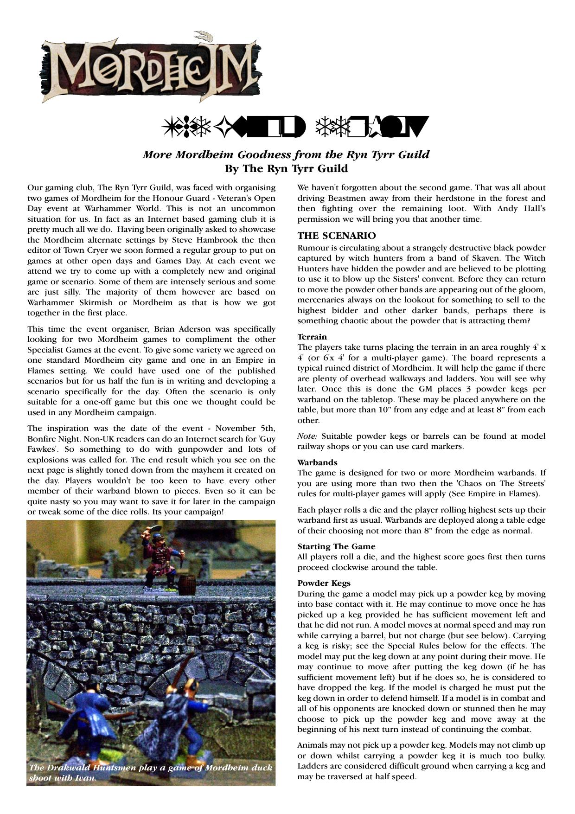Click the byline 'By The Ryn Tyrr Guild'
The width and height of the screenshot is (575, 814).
[286, 168]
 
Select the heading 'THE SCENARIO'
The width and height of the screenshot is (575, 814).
[337, 236]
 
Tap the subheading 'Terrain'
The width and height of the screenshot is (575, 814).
[312, 337]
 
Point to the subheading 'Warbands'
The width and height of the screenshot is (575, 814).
[318, 462]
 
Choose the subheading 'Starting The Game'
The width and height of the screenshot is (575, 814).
[336, 546]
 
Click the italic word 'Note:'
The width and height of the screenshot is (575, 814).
[307, 436]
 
